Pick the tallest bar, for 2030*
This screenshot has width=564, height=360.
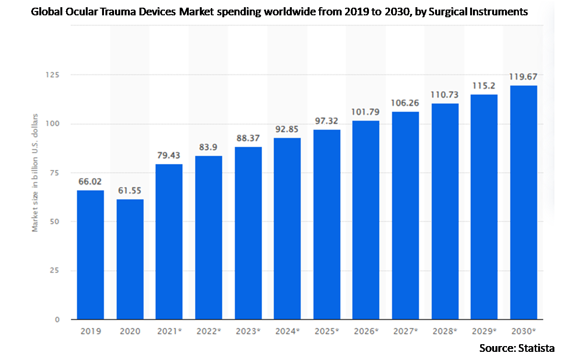(x=523, y=202)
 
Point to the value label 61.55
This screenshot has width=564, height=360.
(x=130, y=191)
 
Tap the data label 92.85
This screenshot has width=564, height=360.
(x=288, y=130)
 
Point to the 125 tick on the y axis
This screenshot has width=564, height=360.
(x=51, y=75)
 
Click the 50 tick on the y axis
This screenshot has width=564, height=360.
(x=54, y=221)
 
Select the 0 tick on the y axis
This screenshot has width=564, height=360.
(x=56, y=319)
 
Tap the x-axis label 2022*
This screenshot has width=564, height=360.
(x=209, y=331)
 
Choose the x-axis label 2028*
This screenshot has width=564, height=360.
(x=445, y=331)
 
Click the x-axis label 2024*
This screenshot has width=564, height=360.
(x=288, y=331)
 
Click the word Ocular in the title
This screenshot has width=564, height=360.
(x=78, y=12)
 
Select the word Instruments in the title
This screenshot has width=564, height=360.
(x=501, y=12)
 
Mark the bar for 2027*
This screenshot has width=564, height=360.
(x=405, y=215)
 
